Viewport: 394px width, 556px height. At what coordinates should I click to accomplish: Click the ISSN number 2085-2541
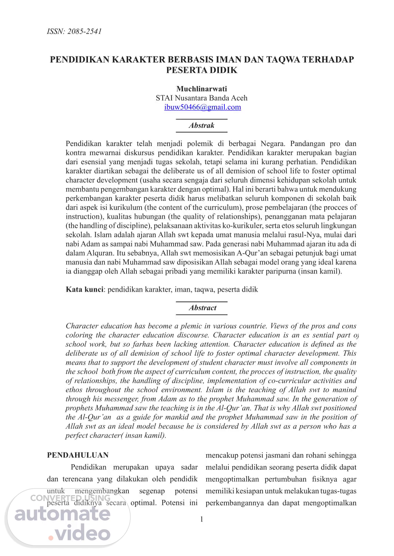coord(84,31)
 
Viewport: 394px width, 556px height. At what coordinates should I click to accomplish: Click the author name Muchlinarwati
coord(202,89)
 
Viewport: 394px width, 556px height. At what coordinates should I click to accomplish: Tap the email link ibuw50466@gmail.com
coord(202,107)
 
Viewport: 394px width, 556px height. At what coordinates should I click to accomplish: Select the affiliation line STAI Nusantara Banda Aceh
coord(201,98)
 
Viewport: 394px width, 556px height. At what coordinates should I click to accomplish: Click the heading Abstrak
coord(201,125)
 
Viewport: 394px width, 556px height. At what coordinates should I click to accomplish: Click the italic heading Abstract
coord(202,308)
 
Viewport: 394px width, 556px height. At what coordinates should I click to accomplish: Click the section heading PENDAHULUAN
coord(78,455)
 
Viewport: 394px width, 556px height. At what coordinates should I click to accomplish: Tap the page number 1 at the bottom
coord(202,519)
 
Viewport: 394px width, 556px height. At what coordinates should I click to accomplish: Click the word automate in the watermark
coord(62,514)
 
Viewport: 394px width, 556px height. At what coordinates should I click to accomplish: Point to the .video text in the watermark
coord(79,534)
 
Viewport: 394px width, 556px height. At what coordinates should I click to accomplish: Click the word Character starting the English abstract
coord(81,326)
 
